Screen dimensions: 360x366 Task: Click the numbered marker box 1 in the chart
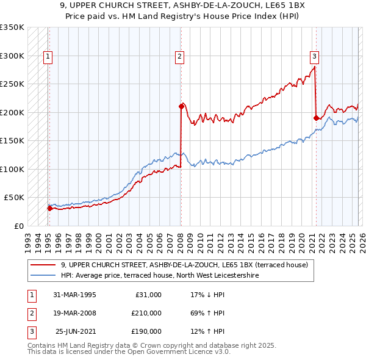48,57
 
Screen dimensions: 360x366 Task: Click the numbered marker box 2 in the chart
180,57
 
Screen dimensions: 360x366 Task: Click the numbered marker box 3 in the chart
315,57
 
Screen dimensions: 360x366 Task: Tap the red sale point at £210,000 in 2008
181,106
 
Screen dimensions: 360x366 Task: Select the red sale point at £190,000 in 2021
316,118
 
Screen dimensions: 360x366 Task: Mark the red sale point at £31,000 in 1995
49,208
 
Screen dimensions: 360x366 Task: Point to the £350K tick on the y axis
12,27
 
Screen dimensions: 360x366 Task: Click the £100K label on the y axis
12,169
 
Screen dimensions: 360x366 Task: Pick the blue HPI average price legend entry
159,275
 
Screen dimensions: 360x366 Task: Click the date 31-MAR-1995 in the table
74,294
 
